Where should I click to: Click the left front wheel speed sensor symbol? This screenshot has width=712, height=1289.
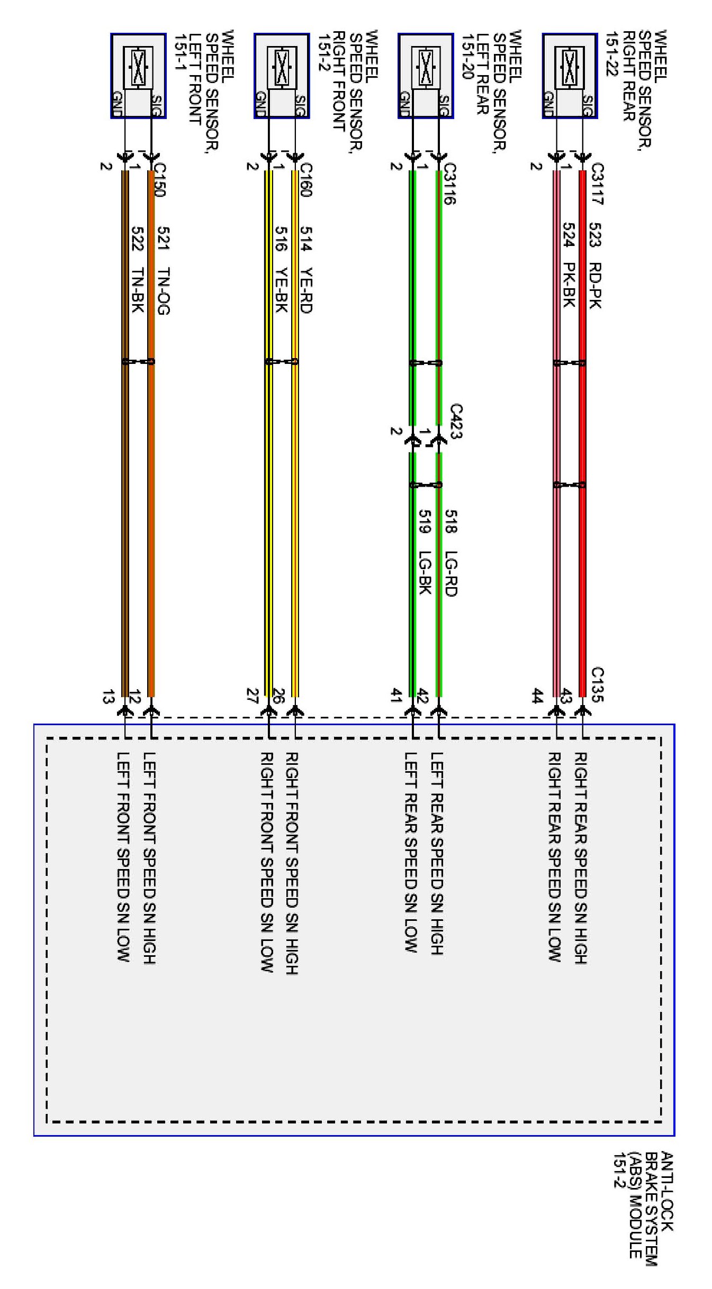138,68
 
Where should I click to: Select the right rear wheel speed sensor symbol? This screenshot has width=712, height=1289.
570,68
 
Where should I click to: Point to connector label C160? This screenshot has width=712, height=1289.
306,179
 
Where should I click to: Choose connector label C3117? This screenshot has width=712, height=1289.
597,184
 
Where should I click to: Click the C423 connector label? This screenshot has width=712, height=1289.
456,421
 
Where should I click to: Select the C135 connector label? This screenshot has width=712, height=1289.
597,684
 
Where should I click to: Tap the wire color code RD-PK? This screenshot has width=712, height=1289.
595,285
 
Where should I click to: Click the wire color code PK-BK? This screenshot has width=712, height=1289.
569,285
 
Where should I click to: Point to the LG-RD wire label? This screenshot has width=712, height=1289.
450,574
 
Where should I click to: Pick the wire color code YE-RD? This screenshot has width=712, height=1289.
306,290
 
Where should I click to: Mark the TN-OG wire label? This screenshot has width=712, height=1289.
164,291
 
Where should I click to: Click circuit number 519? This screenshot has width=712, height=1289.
425,522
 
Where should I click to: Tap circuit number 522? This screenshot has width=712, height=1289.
137,239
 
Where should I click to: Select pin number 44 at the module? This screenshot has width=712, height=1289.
537,696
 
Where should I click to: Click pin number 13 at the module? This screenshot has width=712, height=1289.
107,697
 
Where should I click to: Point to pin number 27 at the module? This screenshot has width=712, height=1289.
252,696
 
